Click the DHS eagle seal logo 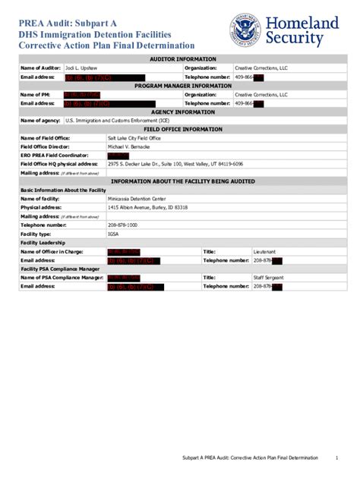246,30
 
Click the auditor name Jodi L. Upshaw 80,68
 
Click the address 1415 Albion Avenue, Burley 147,207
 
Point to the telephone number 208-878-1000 122,225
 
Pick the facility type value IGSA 113,234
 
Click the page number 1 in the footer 336,459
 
